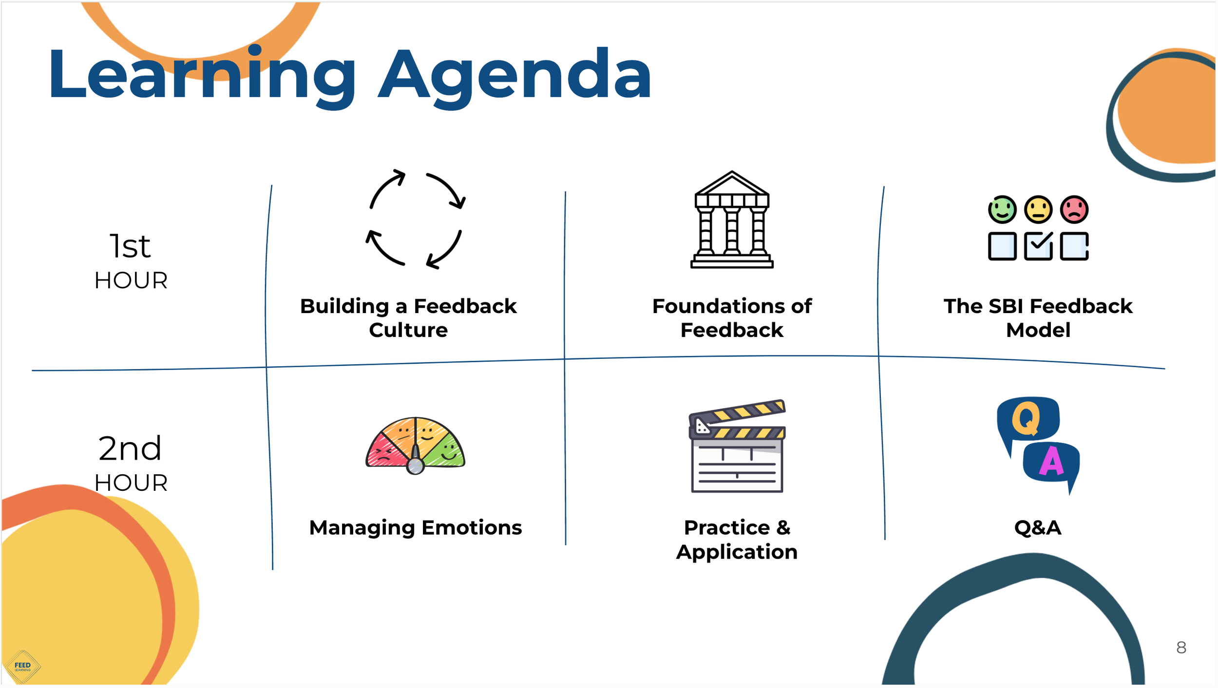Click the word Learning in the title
202,75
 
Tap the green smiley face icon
1002,210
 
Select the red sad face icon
1074,210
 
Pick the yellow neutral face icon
1038,210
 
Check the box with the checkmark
1038,246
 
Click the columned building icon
732,220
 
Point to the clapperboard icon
737,446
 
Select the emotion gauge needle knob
416,466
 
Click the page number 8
1181,648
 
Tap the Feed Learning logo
22,667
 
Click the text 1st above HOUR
130,246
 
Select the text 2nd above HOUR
130,448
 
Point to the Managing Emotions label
416,528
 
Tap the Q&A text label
1038,528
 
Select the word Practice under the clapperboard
727,528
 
